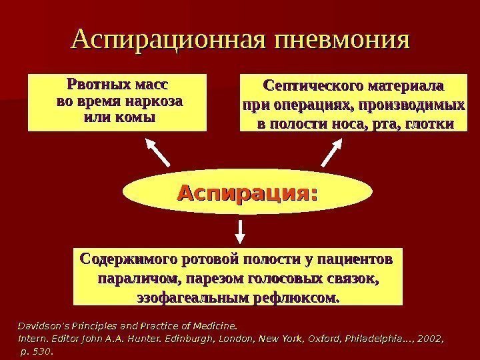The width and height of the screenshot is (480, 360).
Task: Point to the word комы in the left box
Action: (x=133, y=118)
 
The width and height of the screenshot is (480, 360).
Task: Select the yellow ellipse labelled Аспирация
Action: (x=246, y=195)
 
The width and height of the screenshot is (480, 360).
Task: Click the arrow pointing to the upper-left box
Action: (x=159, y=153)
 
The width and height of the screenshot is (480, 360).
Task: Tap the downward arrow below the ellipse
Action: (x=240, y=229)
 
